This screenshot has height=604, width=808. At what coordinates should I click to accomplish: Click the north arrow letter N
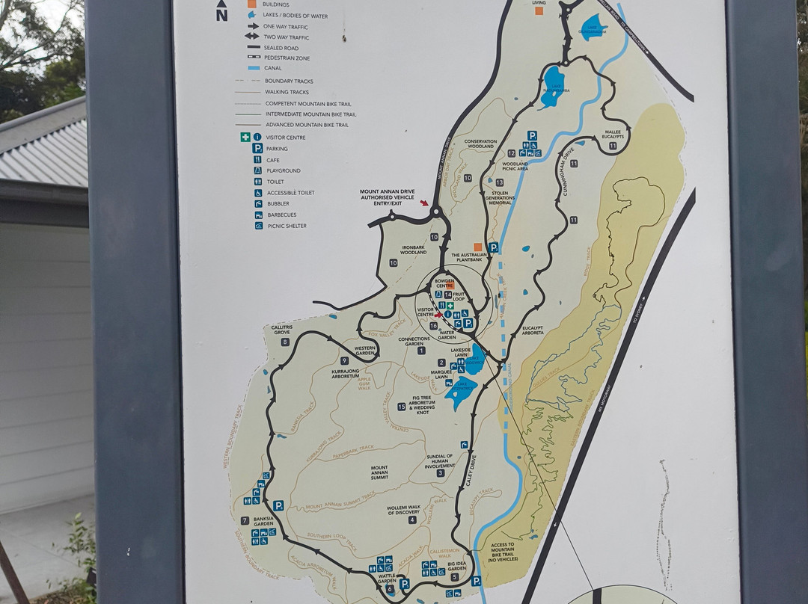coord(221,16)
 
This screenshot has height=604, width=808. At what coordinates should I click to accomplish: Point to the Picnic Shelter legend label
coord(287,226)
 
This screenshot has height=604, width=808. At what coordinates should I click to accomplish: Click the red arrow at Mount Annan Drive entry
coord(426,203)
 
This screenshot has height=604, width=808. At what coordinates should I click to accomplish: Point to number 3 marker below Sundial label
coord(441,472)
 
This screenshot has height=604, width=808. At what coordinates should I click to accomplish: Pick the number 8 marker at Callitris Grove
coord(285,342)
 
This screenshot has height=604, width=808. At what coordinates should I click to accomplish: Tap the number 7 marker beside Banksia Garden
coord(245,520)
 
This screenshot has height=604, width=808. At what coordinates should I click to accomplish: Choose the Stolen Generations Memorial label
coord(501,197)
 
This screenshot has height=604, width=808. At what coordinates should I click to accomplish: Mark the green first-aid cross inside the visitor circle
coord(450,306)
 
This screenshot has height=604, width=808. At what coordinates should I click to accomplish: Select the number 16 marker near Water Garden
coord(433,325)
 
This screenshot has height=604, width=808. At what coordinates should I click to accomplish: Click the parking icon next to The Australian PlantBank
coord(493,247)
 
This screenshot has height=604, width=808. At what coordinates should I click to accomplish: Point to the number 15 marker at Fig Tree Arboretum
coord(402,407)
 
